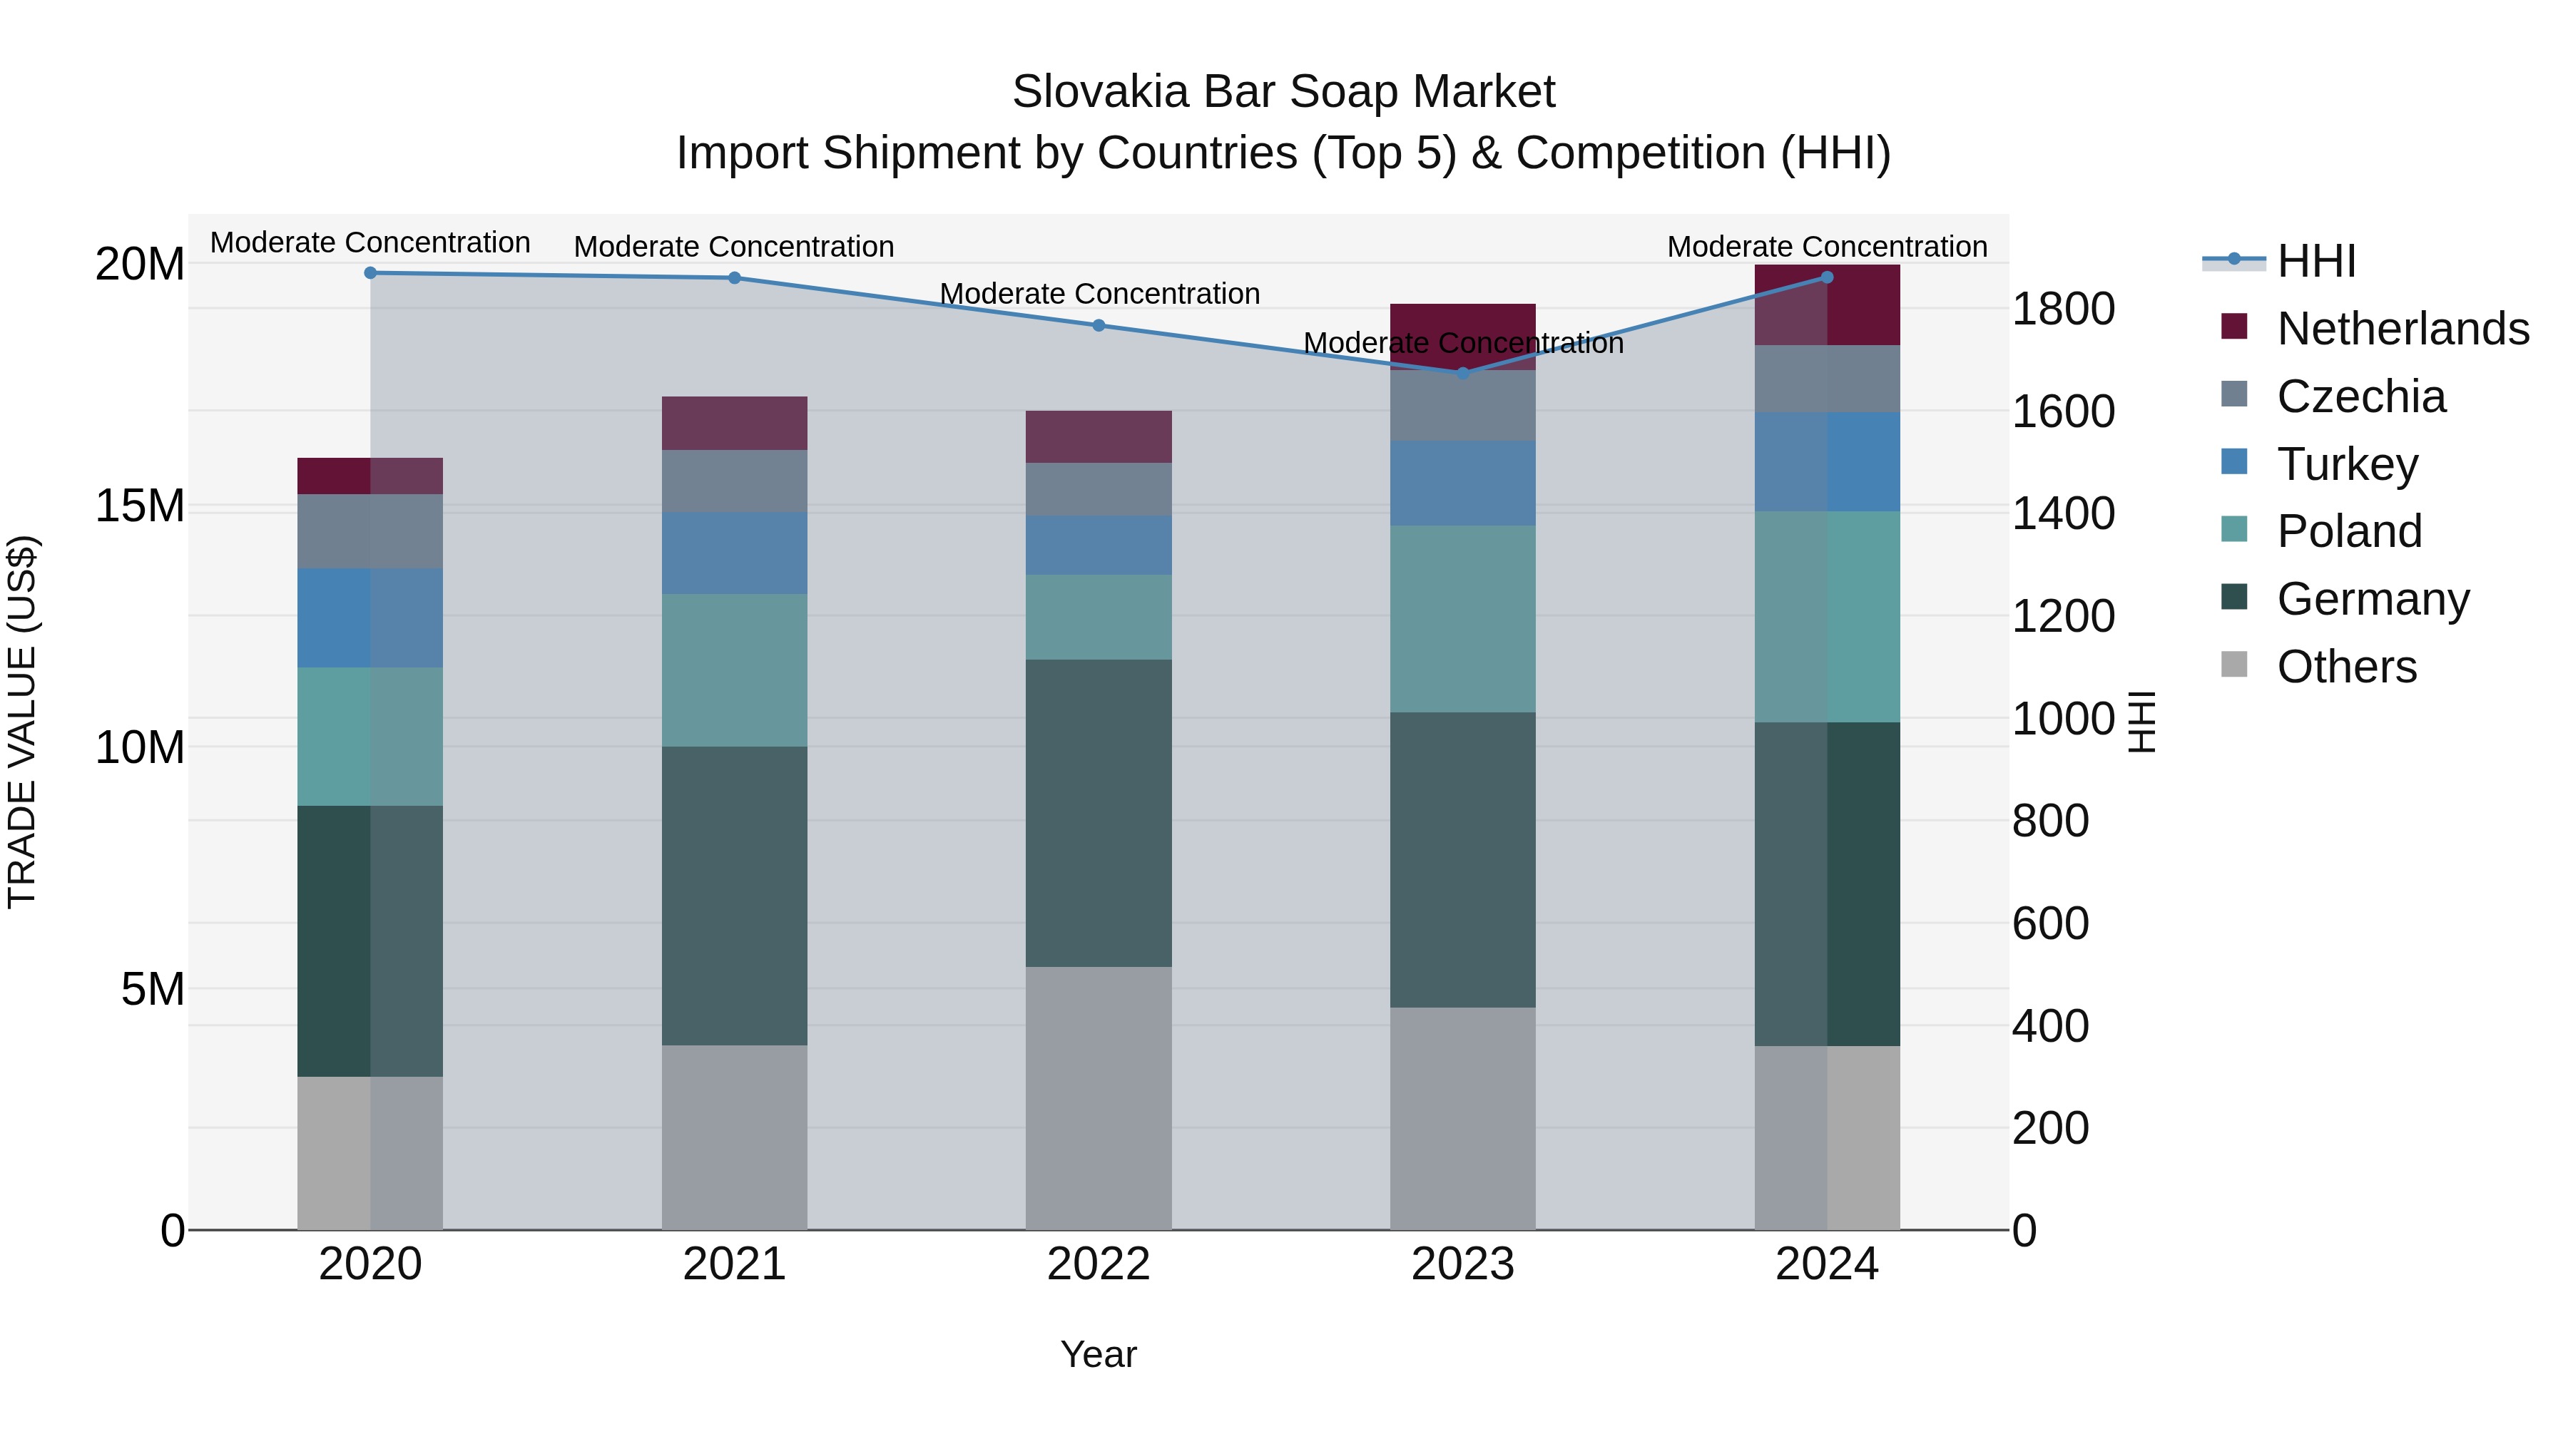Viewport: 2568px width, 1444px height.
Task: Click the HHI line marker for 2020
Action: [370, 273]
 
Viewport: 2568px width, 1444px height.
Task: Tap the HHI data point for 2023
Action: [1462, 374]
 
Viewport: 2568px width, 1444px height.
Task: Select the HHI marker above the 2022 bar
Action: [1099, 325]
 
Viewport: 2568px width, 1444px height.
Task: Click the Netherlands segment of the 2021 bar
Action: [734, 424]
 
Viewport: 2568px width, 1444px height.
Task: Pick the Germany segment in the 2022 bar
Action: [1099, 812]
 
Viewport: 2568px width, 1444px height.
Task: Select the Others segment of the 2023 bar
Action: [1462, 1118]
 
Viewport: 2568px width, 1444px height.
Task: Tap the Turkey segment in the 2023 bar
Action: [1462, 483]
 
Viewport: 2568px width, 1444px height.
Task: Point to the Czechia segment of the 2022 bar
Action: [1099, 488]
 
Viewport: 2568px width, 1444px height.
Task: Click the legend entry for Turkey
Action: [2347, 464]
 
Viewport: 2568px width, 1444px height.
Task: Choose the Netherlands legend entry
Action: [2403, 329]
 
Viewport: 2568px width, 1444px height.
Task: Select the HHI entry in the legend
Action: [2315, 261]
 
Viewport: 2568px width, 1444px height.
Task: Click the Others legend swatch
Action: [2234, 665]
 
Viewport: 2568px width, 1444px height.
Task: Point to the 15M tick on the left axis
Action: [140, 506]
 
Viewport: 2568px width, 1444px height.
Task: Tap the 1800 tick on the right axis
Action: [2062, 309]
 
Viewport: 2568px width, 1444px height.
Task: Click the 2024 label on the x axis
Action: [1826, 1264]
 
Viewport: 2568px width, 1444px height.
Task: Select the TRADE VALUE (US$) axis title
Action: [22, 722]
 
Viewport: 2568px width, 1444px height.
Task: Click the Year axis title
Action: [1099, 1354]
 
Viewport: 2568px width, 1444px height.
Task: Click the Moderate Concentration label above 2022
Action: [1099, 294]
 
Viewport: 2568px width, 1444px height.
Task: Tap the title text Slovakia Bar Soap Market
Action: [1283, 92]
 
